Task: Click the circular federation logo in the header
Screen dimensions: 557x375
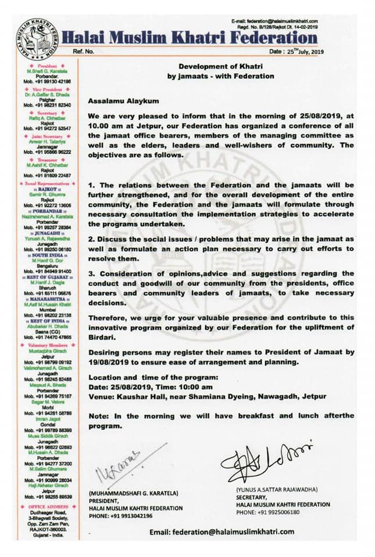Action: point(37,39)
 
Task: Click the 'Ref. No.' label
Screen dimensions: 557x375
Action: point(85,52)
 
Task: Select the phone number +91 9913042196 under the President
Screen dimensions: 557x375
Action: point(133,515)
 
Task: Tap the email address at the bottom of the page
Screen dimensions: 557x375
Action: point(222,532)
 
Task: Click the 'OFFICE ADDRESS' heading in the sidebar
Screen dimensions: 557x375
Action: point(45,507)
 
